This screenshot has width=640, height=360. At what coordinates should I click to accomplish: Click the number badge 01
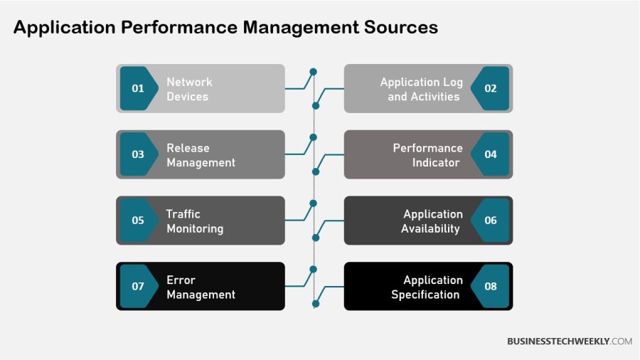click(x=138, y=88)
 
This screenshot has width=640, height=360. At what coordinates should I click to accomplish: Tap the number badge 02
click(x=491, y=88)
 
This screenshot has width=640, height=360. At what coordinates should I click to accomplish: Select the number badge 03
click(x=138, y=154)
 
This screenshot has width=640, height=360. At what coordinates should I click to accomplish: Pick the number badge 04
click(x=491, y=154)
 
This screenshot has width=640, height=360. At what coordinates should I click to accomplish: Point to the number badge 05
click(x=138, y=221)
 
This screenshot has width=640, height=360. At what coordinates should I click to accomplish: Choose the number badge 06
click(x=491, y=221)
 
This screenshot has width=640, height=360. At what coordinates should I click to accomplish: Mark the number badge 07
click(x=138, y=287)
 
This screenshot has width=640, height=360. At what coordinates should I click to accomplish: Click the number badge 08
click(x=491, y=287)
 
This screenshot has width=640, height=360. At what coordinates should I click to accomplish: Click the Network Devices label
click(x=189, y=89)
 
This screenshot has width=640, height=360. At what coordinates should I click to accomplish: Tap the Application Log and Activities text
click(x=422, y=89)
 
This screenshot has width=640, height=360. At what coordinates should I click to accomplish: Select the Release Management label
click(x=201, y=155)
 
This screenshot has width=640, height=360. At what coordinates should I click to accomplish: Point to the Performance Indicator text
click(x=427, y=155)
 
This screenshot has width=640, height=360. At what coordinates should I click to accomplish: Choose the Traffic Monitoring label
click(x=195, y=221)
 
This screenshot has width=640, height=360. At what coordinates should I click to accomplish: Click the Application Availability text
click(x=432, y=221)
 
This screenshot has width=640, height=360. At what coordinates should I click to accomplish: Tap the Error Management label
click(x=201, y=287)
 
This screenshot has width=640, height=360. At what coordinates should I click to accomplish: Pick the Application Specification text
click(x=427, y=287)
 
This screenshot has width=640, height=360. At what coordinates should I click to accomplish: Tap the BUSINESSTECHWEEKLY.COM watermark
click(x=569, y=342)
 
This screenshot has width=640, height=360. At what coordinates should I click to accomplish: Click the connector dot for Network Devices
click(x=313, y=72)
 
